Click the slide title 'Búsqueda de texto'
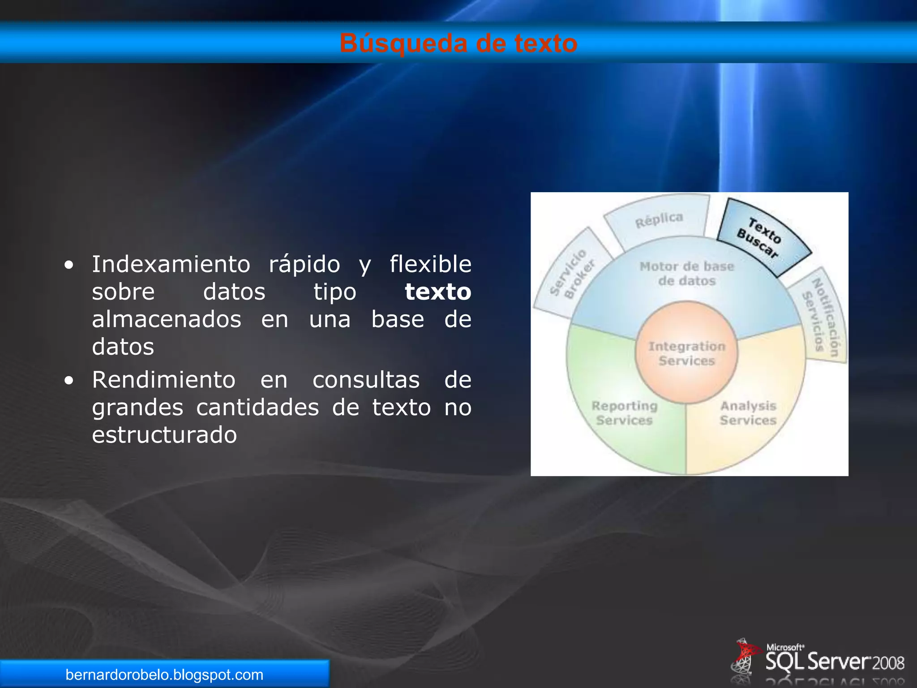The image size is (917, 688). click(x=458, y=43)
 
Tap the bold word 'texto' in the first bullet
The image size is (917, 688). click(x=437, y=292)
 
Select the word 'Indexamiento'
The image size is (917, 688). click(x=171, y=264)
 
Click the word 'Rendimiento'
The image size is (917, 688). click(x=163, y=380)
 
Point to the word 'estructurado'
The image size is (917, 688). click(x=164, y=435)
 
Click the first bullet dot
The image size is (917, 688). click(x=69, y=265)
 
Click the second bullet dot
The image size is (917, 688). click(x=69, y=381)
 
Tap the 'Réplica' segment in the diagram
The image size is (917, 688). click(x=659, y=220)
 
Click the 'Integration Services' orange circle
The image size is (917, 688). click(x=686, y=353)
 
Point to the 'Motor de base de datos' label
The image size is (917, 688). click(x=686, y=273)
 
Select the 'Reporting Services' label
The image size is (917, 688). click(x=625, y=413)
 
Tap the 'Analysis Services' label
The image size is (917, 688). click(x=748, y=413)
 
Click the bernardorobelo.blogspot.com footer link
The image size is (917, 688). click(x=164, y=675)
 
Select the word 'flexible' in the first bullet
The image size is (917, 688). click(x=430, y=264)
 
